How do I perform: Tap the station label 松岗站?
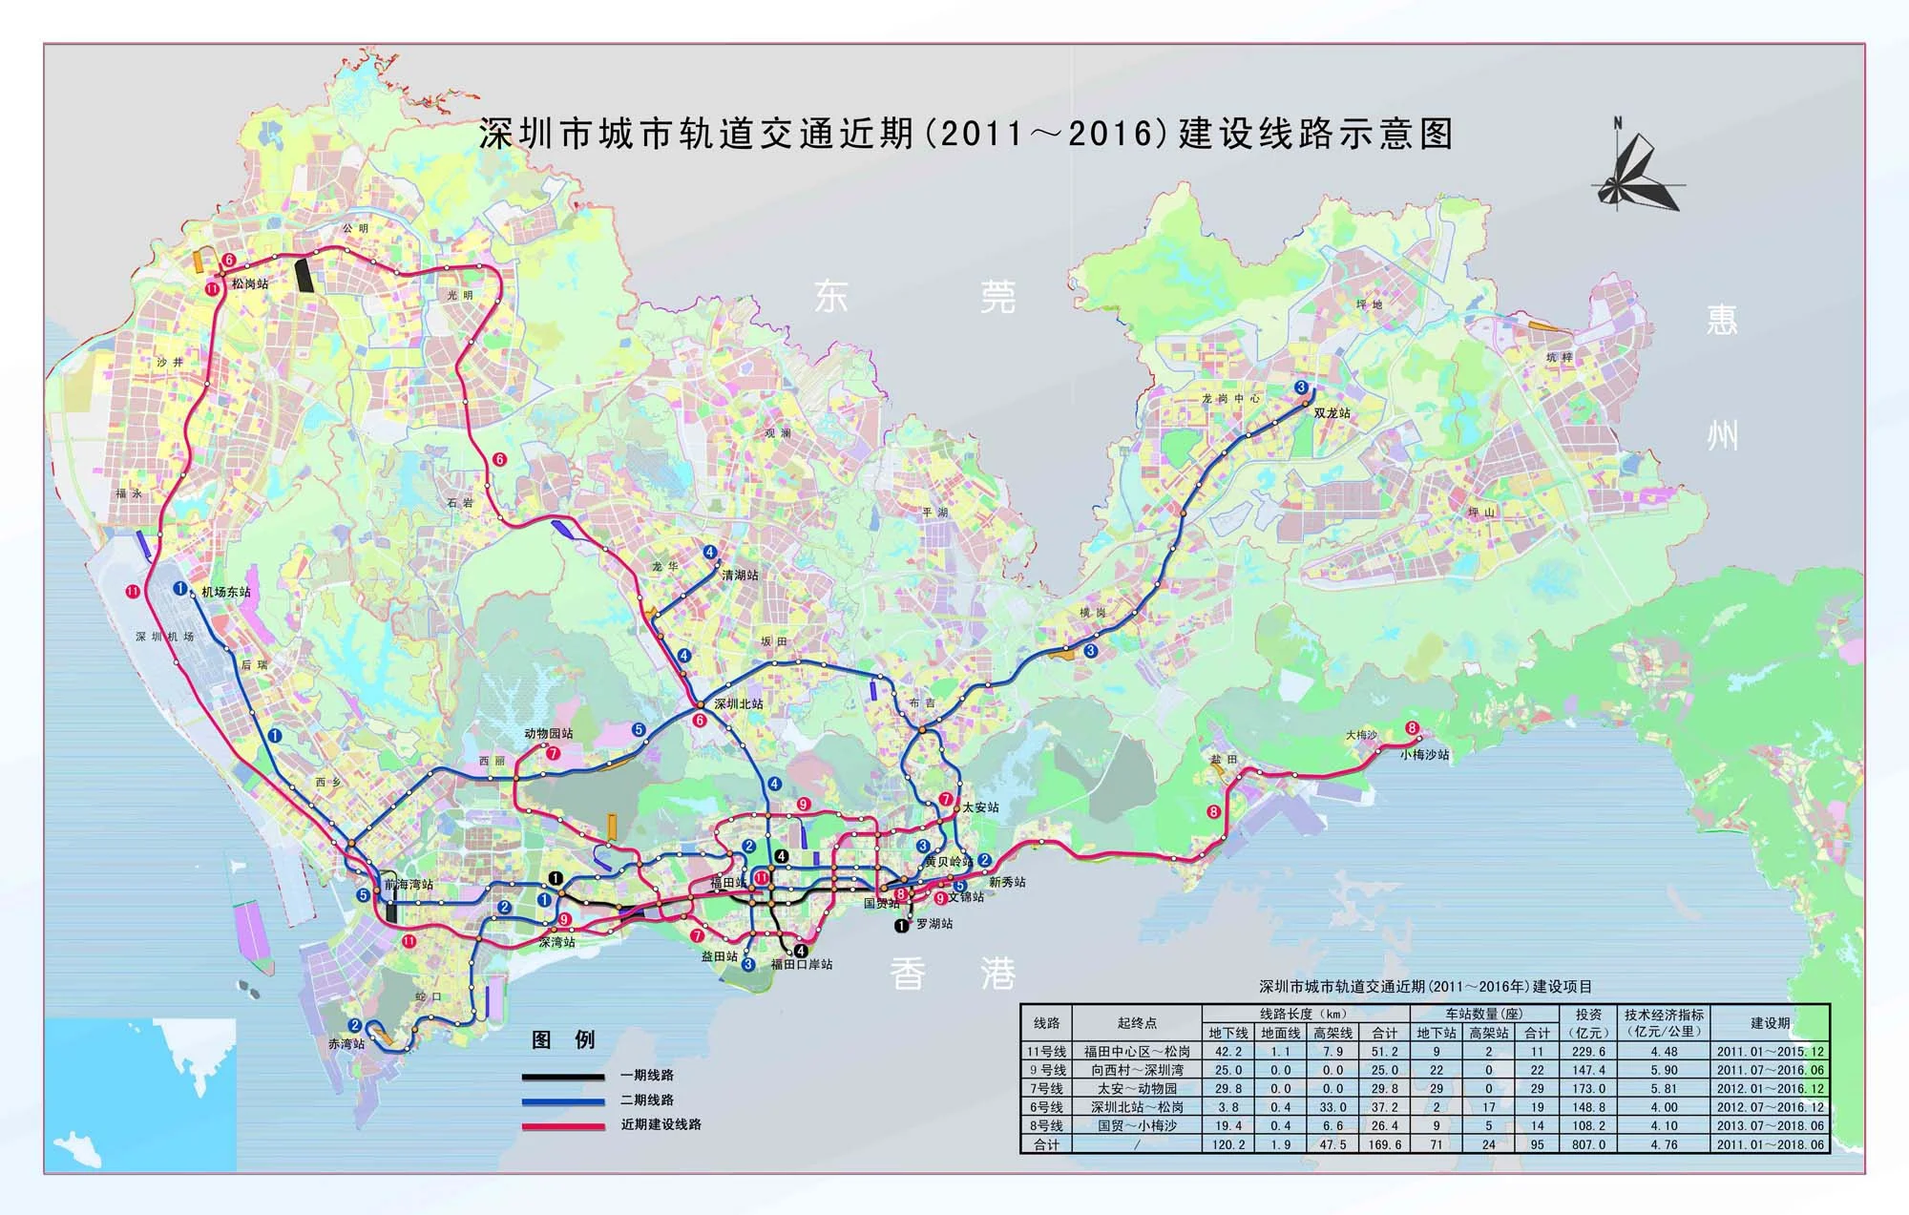pos(249,283)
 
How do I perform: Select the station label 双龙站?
pos(1332,413)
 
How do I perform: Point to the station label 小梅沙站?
pos(1425,754)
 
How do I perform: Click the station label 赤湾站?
pos(346,1044)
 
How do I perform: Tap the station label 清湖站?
pos(740,575)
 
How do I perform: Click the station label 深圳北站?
pos(739,703)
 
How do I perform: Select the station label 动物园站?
pos(549,733)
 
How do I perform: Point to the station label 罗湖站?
pos(934,924)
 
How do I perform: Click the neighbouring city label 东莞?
pos(914,297)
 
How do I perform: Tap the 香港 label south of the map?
pos(953,974)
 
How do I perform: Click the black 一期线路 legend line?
pos(563,1076)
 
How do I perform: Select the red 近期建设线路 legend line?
pos(563,1126)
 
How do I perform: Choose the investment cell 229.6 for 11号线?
pos(1589,1051)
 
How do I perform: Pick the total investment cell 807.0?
pos(1589,1143)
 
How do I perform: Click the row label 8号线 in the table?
pos(1047,1125)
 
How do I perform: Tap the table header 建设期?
pos(1770,1022)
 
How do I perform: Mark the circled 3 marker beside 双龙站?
pos(1302,387)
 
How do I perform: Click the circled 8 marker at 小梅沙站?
pos(1413,729)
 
